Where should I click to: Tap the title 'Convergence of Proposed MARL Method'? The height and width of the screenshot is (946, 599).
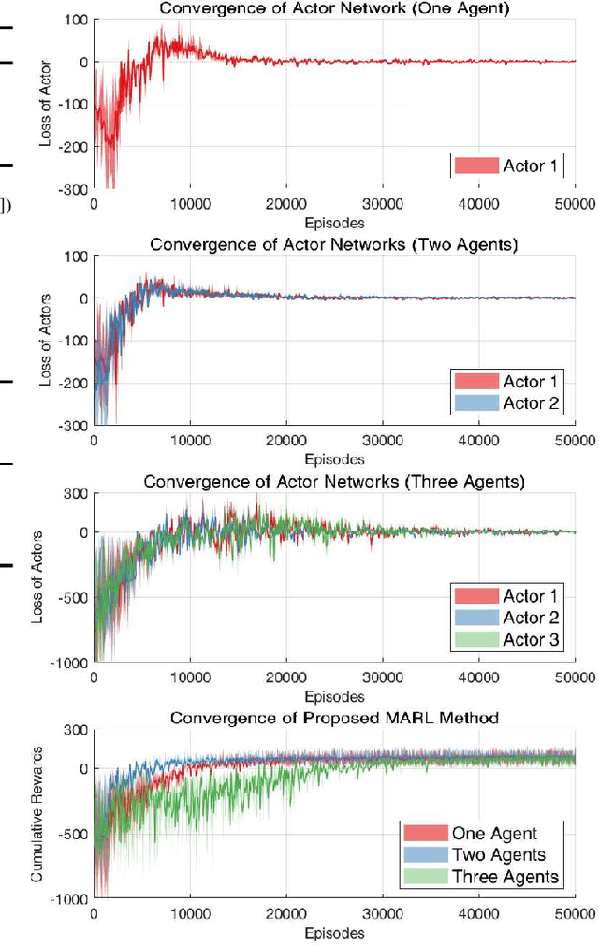point(333,718)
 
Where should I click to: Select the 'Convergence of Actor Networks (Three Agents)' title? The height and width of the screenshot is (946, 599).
point(333,482)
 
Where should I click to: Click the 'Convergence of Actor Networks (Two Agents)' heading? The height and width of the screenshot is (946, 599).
point(333,245)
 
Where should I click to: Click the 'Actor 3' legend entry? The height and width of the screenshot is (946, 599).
point(531,639)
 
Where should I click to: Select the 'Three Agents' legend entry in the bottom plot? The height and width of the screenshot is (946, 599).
point(505,877)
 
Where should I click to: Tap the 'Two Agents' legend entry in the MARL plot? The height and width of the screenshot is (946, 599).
point(498,855)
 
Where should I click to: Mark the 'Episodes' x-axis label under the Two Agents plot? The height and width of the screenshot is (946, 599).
point(333,458)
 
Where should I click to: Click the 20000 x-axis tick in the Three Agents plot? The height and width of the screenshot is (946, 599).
point(285,678)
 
